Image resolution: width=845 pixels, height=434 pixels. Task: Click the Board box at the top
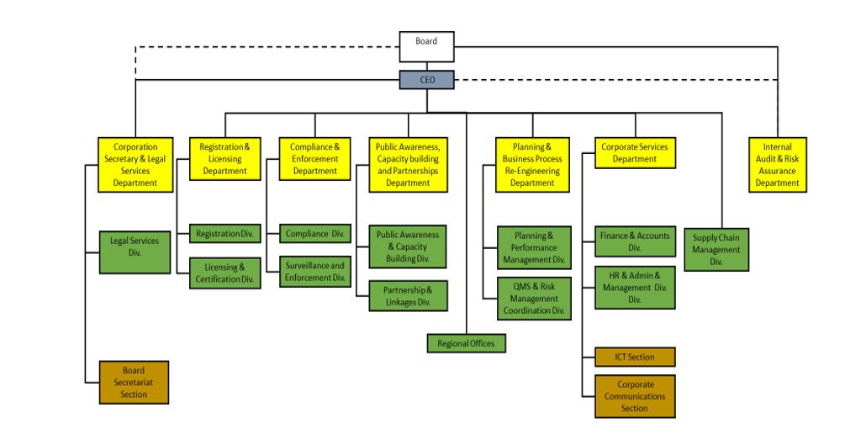pos(426,46)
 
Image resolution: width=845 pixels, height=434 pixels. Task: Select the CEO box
pos(426,80)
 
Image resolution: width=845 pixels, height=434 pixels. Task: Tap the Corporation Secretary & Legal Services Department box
pos(135,165)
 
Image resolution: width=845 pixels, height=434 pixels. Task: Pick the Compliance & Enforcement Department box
pos(314,158)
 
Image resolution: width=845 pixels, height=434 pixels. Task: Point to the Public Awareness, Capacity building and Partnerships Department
pos(408,165)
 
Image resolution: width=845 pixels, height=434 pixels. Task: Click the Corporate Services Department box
pos(635,152)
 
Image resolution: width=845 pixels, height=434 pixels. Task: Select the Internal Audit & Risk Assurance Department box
pos(777,165)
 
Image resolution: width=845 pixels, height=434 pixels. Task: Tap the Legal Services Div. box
pos(135,251)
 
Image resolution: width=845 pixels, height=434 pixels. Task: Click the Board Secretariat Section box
pos(134,382)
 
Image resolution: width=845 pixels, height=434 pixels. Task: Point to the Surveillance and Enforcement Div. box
pos(314,271)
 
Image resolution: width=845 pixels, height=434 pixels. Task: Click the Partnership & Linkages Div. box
pos(408,295)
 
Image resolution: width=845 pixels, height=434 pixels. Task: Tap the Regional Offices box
pos(466,343)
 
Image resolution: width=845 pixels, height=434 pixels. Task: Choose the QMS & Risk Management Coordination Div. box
pos(533,298)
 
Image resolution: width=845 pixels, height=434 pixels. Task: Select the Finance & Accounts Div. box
pos(635,241)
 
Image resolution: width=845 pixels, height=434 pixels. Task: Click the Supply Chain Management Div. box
pos(716,249)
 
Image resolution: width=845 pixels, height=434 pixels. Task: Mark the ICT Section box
pos(635,357)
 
